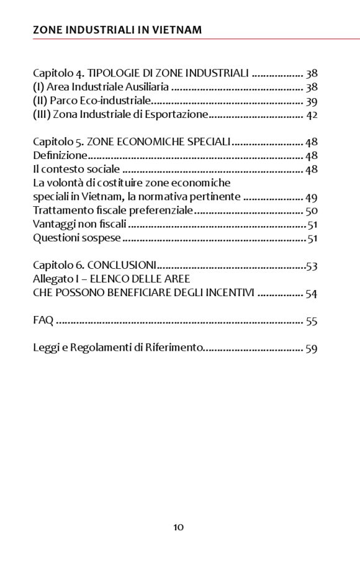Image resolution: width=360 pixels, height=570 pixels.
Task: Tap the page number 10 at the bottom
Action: tap(178, 527)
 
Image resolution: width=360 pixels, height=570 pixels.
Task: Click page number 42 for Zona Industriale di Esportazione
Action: tap(312, 115)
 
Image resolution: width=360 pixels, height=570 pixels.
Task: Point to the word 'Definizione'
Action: tap(60, 155)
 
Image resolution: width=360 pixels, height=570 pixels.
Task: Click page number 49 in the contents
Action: tap(311, 197)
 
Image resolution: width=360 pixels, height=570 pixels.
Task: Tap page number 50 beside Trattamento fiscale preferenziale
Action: tap(312, 211)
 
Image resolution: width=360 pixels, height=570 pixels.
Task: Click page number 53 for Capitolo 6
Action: tap(312, 266)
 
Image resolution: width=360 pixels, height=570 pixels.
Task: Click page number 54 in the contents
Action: tap(312, 294)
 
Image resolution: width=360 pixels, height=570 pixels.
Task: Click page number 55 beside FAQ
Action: tap(312, 321)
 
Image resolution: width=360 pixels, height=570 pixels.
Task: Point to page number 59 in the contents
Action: tap(312, 348)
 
